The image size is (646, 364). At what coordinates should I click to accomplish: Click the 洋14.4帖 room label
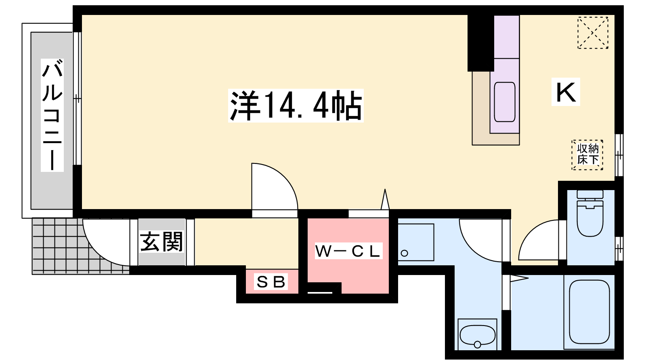[x=296, y=106]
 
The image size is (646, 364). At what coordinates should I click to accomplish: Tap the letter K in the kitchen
[x=566, y=92]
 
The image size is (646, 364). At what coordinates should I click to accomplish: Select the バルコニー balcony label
[x=52, y=115]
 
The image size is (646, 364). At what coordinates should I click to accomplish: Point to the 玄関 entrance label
[x=161, y=242]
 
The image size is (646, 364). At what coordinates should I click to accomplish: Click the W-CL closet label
[x=348, y=251]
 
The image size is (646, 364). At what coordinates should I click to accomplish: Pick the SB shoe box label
[x=271, y=282]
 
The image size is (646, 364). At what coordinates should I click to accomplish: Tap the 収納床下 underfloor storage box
[x=587, y=154]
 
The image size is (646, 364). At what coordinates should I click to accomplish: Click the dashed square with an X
[x=593, y=33]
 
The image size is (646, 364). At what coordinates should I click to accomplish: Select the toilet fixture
[x=590, y=214]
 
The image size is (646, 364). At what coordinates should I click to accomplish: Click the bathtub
[x=589, y=312]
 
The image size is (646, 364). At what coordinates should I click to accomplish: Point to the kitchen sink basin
[x=505, y=102]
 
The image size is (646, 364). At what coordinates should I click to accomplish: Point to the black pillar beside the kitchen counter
[x=480, y=42]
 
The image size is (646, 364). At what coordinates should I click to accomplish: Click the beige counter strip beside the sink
[x=480, y=109]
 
